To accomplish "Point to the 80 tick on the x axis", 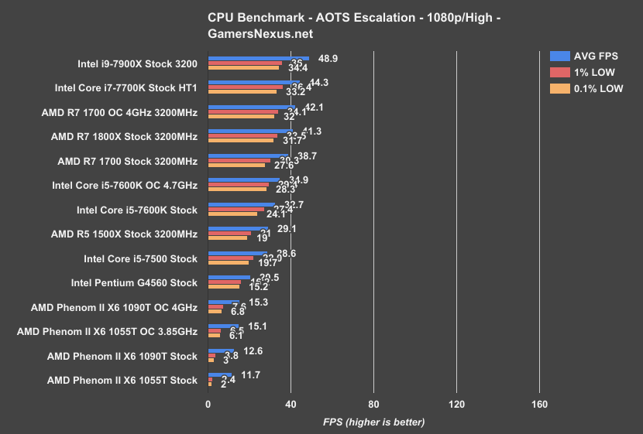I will click(x=373, y=405).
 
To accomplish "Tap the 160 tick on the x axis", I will click(x=539, y=405).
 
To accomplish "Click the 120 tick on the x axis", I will click(x=456, y=405).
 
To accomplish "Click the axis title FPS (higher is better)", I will click(x=373, y=422).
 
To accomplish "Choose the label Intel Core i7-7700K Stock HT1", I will click(x=126, y=88).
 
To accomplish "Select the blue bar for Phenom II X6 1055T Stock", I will click(x=220, y=374).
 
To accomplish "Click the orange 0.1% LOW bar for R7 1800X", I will click(x=240, y=141).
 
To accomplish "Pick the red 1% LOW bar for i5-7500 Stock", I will click(x=231, y=258).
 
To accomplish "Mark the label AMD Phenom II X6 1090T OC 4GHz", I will click(x=114, y=307).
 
